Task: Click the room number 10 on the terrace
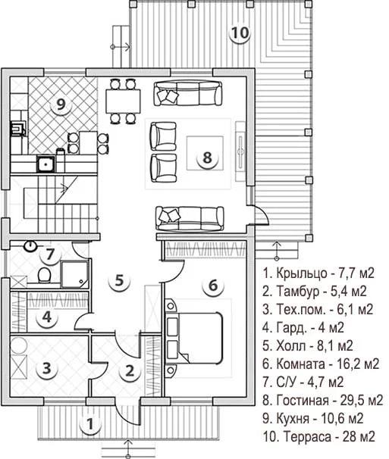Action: point(240,33)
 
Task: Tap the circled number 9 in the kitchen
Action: point(61,105)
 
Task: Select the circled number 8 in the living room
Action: point(207,158)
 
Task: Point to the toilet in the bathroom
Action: point(44,275)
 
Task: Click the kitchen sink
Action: point(45,164)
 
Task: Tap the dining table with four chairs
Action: point(123,101)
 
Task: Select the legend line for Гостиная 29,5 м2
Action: point(323,400)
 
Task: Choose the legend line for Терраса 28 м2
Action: point(319,437)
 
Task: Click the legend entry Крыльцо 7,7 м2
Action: point(318,273)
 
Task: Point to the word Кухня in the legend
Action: point(293,419)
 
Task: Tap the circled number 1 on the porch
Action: point(90,424)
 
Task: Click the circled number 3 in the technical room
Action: point(47,368)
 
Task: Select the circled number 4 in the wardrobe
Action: point(47,317)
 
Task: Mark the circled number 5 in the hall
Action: point(119,280)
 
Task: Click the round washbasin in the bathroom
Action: point(30,246)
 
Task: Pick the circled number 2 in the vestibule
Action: point(129,371)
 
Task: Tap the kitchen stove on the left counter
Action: point(17,128)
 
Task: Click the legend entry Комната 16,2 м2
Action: point(321,364)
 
